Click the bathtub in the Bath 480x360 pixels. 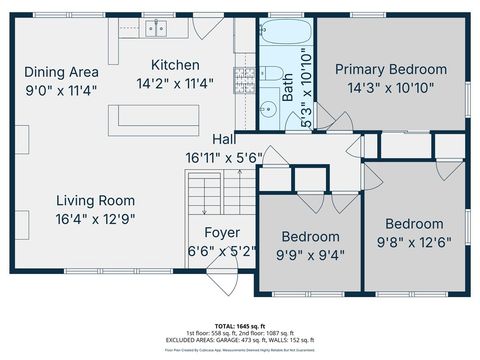[x=286, y=36]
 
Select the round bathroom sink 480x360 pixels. [x=267, y=109]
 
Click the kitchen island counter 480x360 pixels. [x=160, y=117]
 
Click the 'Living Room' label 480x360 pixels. [x=95, y=199]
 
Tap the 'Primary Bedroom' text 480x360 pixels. [x=390, y=69]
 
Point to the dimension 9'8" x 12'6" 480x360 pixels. [x=414, y=242]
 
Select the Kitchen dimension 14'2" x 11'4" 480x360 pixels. [x=176, y=84]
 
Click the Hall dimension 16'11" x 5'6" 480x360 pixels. [x=222, y=157]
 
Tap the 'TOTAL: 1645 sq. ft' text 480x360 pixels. [x=240, y=326]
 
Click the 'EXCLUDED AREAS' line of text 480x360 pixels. [x=240, y=340]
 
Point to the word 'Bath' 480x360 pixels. [x=288, y=96]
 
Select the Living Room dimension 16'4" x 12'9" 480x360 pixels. [x=95, y=218]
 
